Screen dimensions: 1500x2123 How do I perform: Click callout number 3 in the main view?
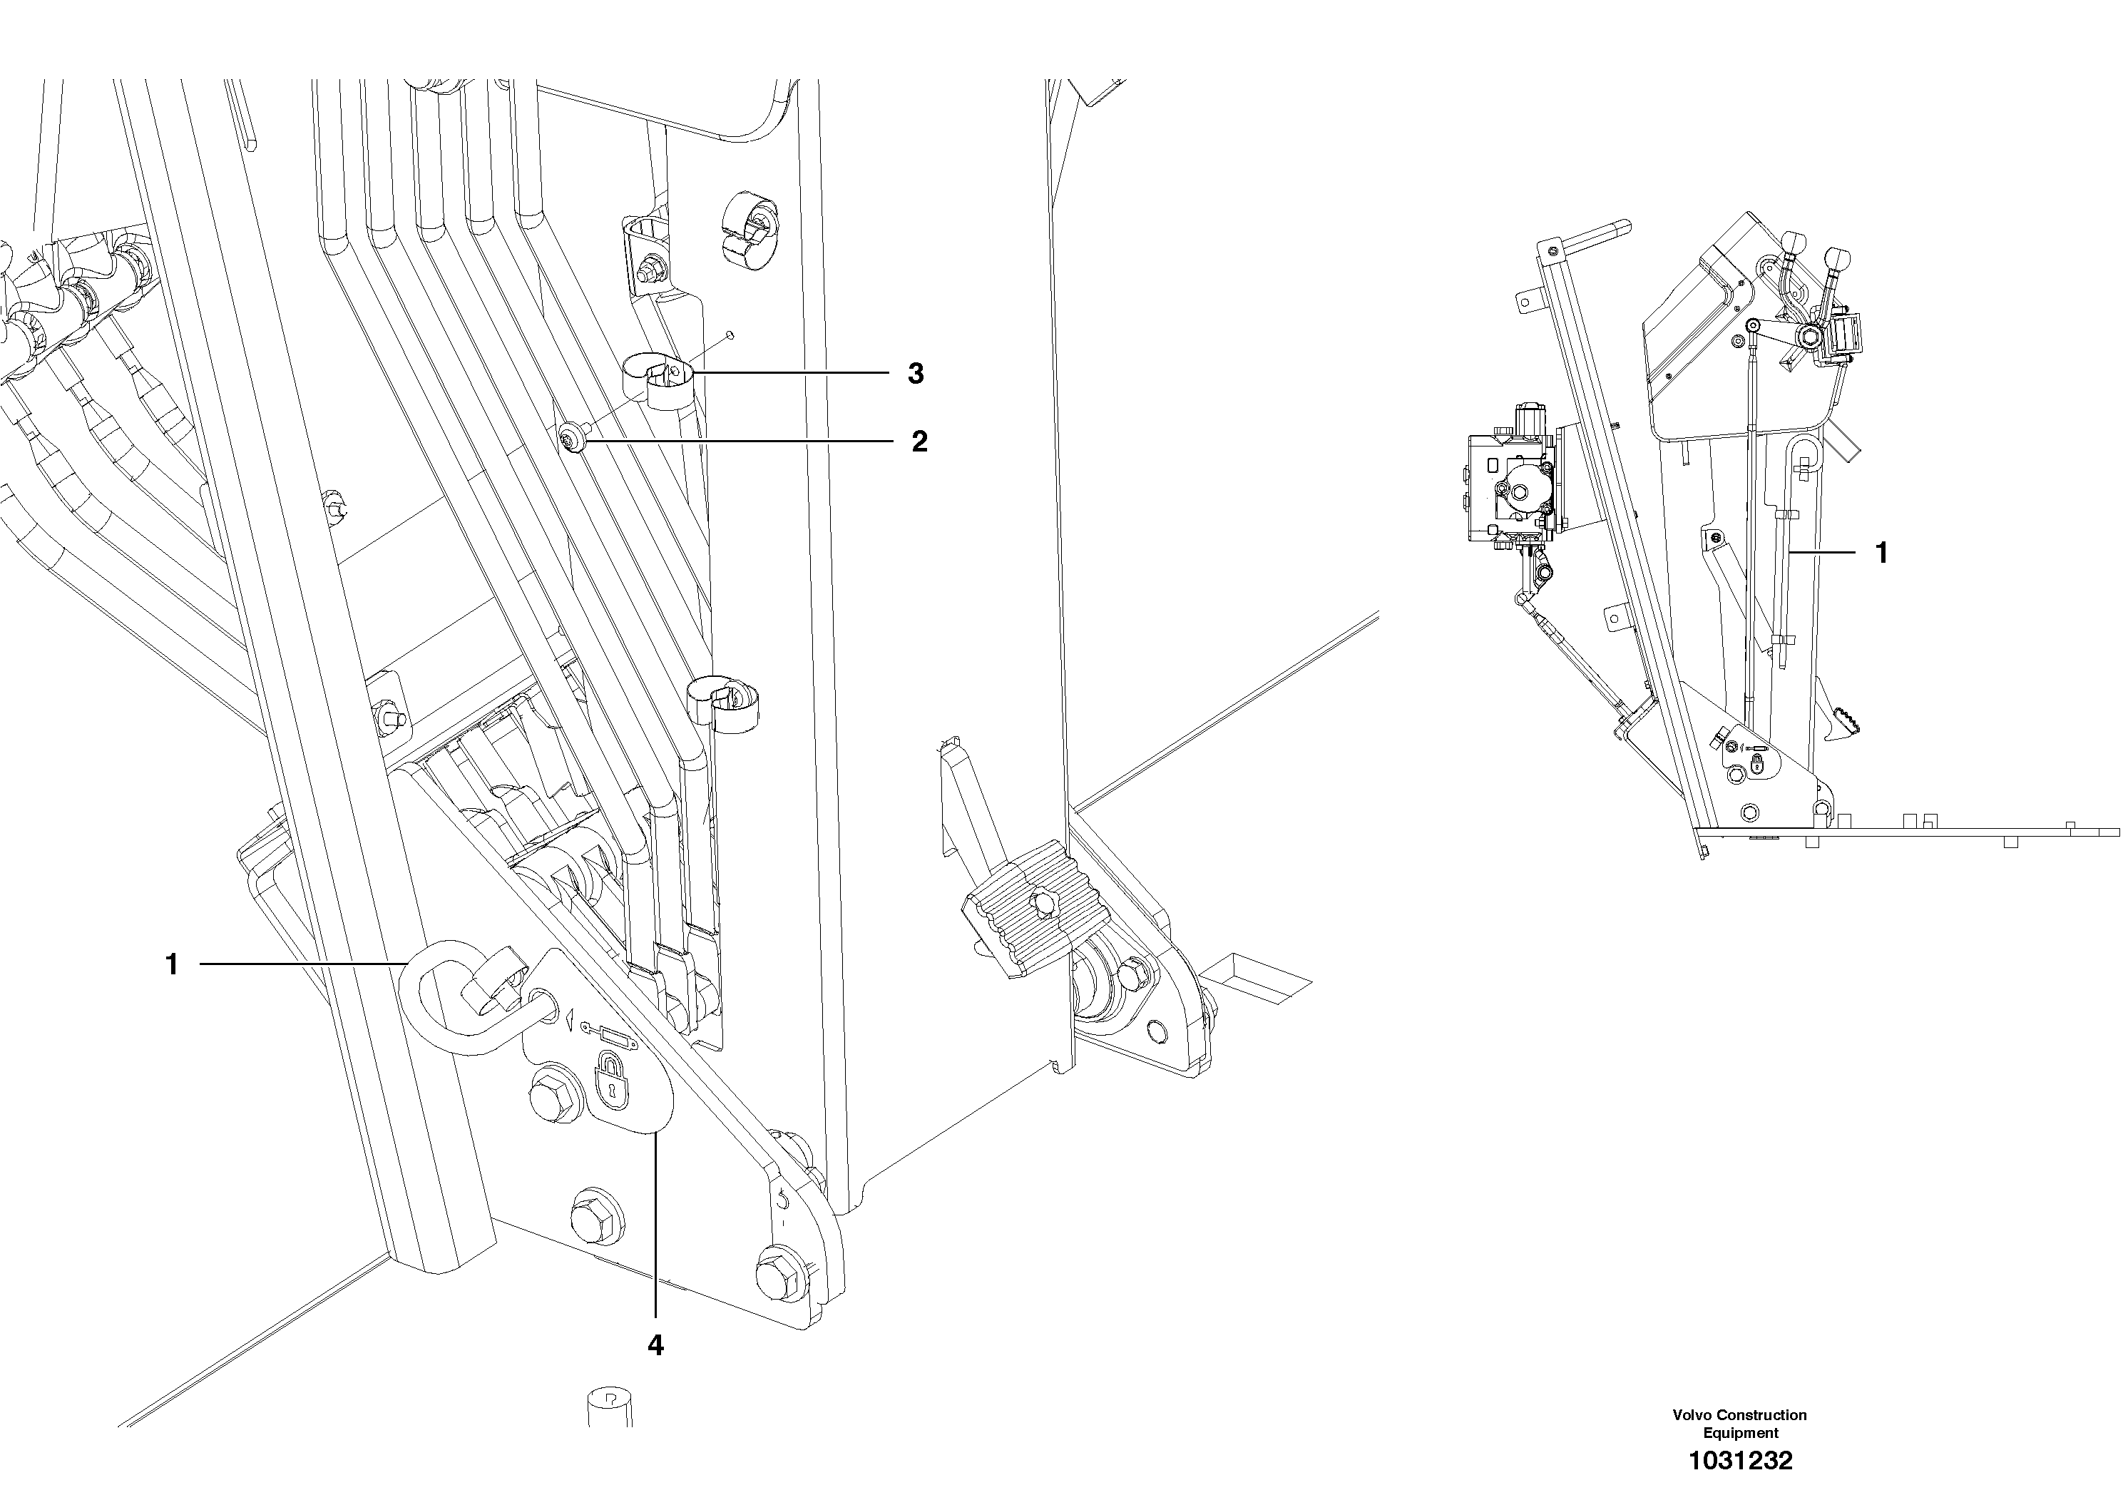914,374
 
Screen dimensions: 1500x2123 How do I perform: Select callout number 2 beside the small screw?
919,442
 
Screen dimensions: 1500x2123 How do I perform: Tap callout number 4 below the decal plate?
655,1345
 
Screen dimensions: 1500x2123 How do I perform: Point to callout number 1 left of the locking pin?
171,964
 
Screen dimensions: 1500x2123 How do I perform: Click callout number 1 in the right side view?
1881,553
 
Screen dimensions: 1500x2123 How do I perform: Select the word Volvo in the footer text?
1693,1415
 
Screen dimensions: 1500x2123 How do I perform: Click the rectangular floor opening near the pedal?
1257,983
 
